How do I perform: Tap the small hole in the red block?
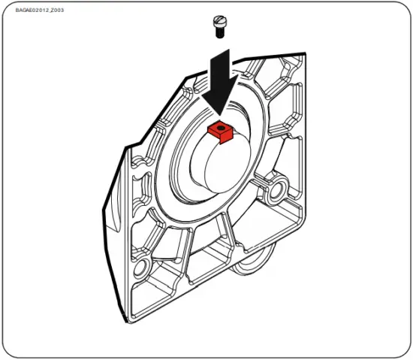coord(220,129)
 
